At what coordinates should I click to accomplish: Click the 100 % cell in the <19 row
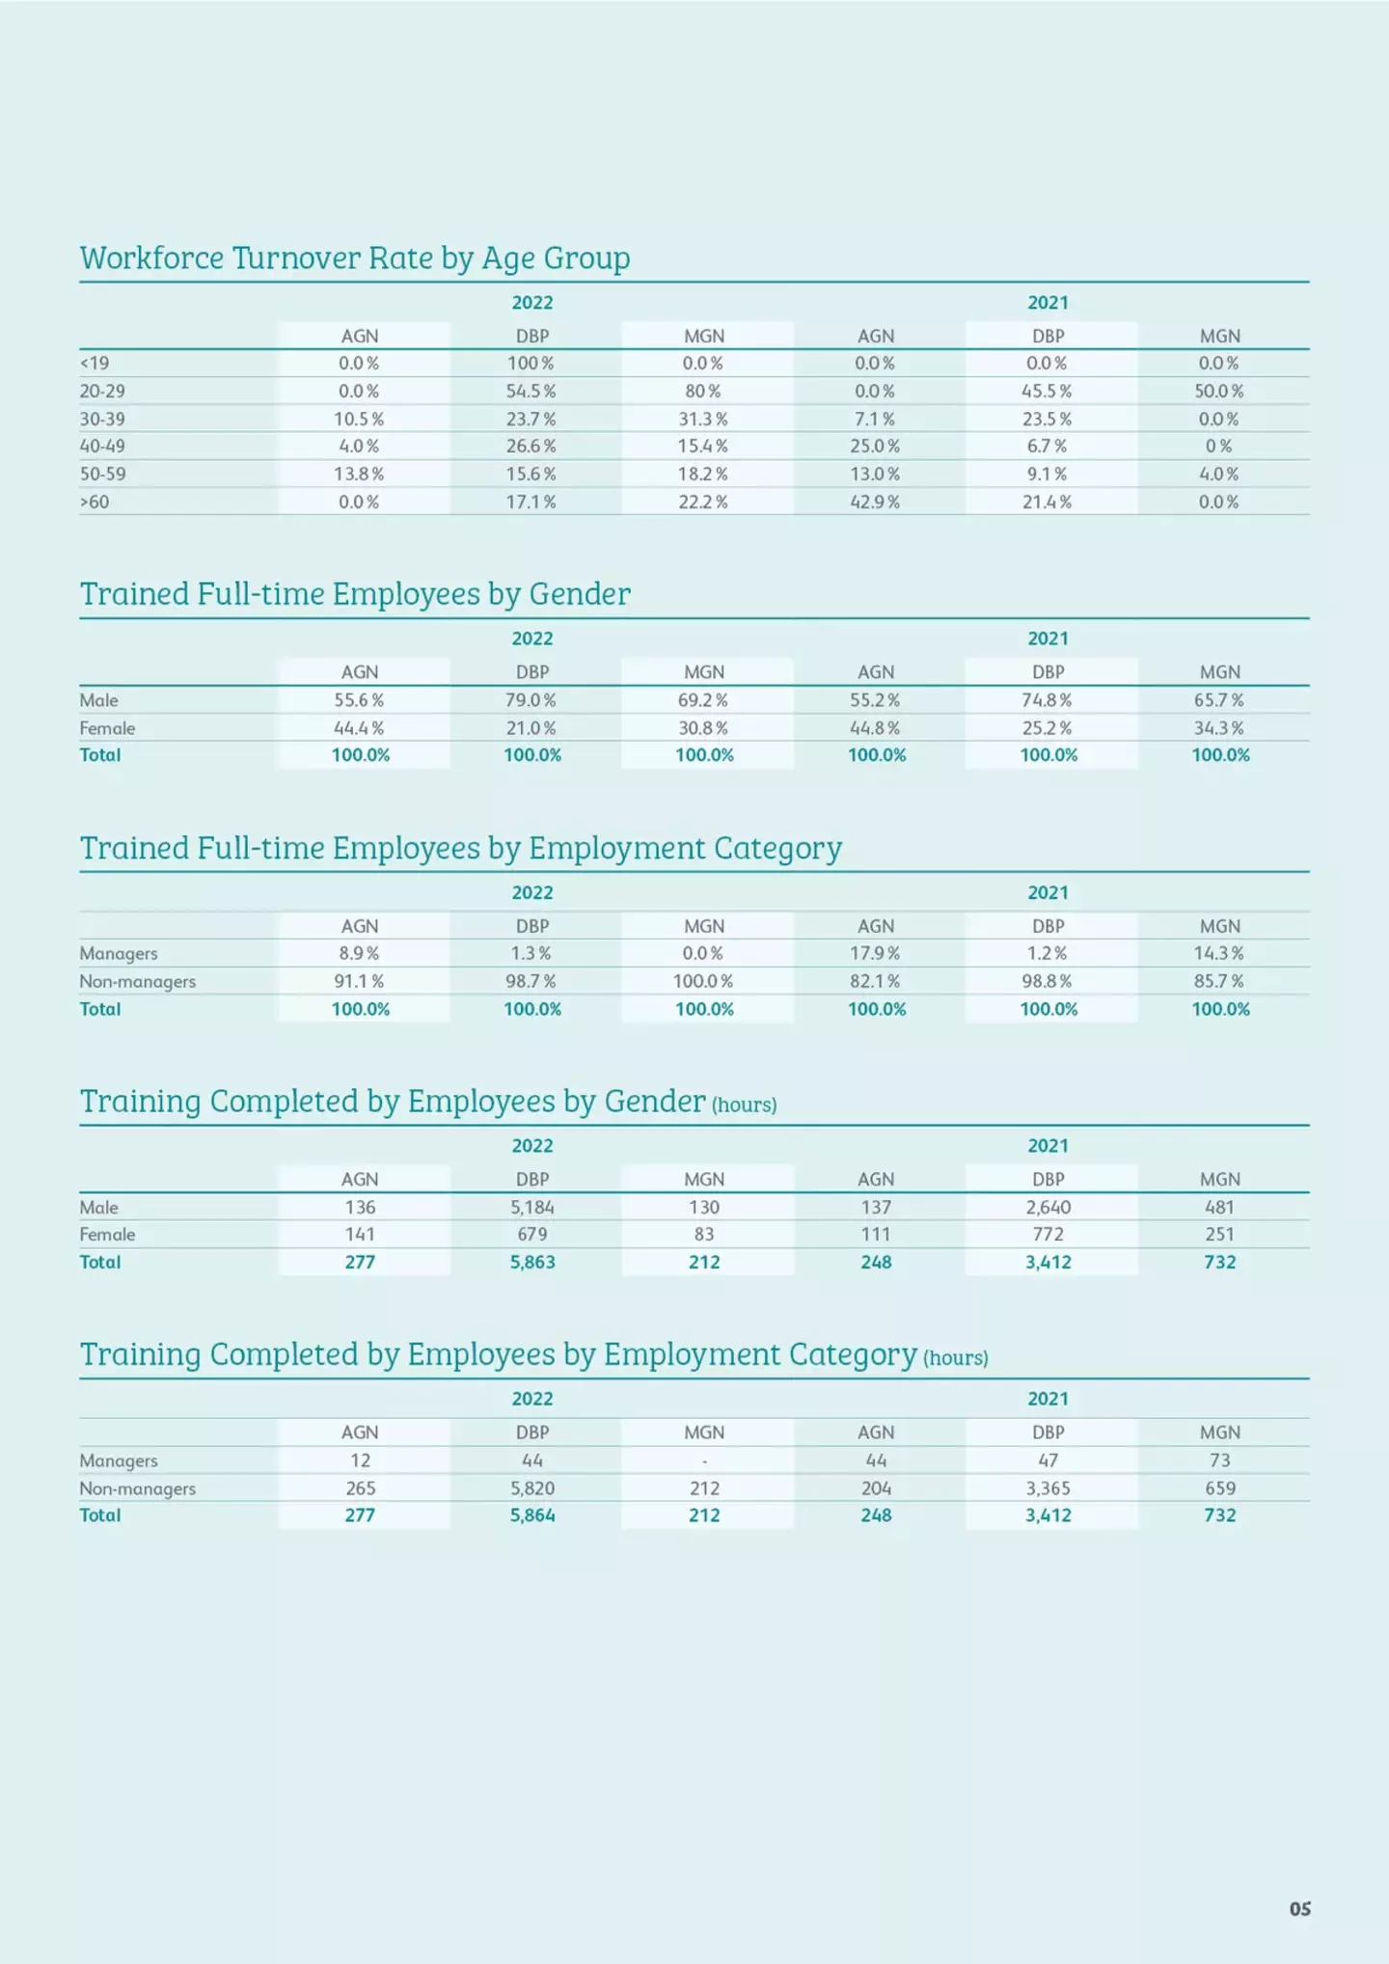click(x=531, y=364)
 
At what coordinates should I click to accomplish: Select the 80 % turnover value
click(x=703, y=392)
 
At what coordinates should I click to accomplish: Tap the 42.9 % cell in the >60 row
click(x=875, y=503)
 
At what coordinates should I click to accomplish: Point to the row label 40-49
click(x=102, y=447)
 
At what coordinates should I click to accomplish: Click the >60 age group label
click(x=95, y=503)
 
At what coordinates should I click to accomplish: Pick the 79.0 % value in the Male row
click(x=531, y=700)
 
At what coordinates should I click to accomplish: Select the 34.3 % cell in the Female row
click(x=1219, y=728)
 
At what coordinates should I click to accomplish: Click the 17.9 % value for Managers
click(x=875, y=953)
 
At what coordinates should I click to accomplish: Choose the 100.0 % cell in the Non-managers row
click(x=703, y=981)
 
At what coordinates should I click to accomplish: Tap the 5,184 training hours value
click(x=532, y=1207)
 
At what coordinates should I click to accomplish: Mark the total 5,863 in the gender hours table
click(x=532, y=1262)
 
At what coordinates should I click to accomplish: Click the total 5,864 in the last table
click(x=532, y=1515)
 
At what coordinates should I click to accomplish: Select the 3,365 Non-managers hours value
click(x=1049, y=1488)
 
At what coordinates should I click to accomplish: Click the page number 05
click(x=1300, y=1909)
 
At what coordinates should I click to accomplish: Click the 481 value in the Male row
click(x=1220, y=1207)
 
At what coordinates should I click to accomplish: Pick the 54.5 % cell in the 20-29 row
click(x=531, y=392)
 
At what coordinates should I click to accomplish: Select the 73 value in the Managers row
click(x=1220, y=1460)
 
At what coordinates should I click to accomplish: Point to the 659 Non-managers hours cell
click(x=1220, y=1488)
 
